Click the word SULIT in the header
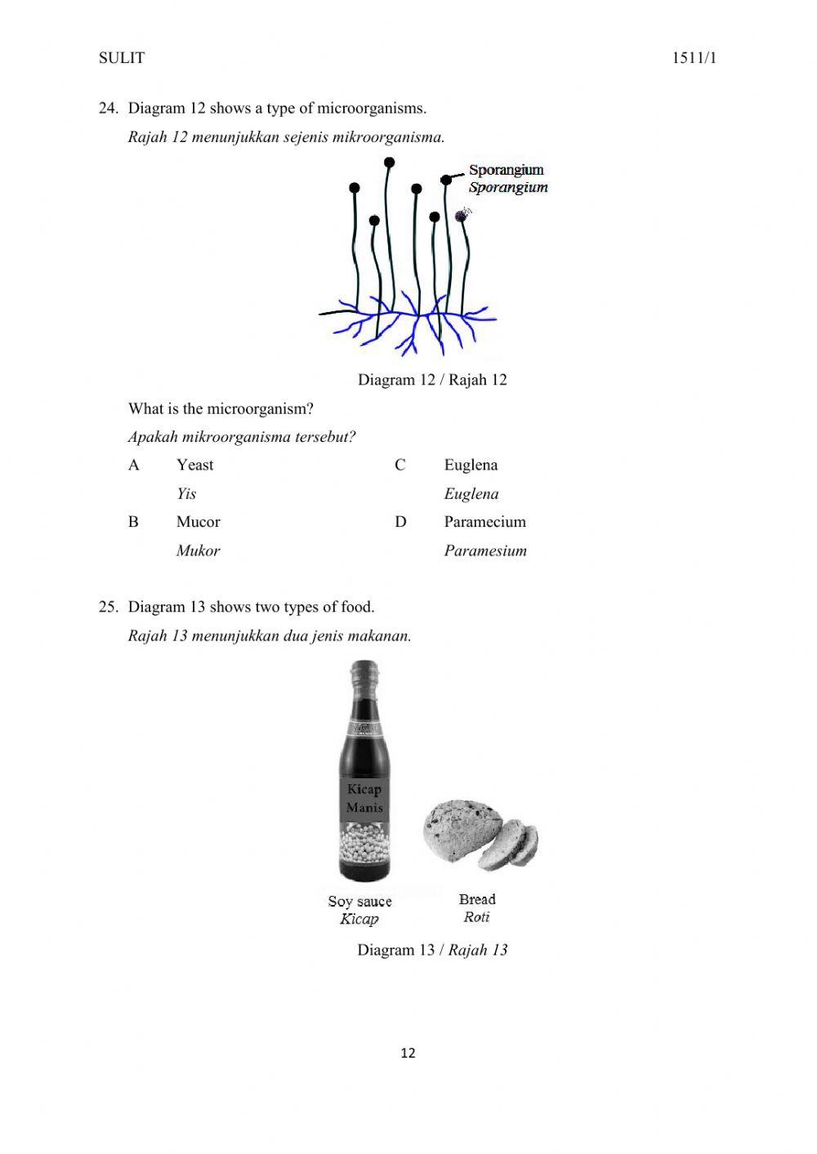click(x=121, y=58)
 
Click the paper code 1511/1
click(x=694, y=58)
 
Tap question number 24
click(x=109, y=108)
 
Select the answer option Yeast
click(x=194, y=465)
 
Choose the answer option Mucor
click(x=198, y=522)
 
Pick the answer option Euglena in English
click(x=471, y=465)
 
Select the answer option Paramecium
click(x=484, y=522)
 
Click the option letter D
click(x=400, y=522)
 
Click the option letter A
click(x=134, y=465)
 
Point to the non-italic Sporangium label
click(x=506, y=170)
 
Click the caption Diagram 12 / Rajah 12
click(x=432, y=380)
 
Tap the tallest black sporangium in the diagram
click(x=390, y=163)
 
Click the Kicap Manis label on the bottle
click(x=364, y=799)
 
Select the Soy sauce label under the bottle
click(x=359, y=902)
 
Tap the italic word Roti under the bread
click(x=476, y=917)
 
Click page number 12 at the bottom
click(x=408, y=1054)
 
